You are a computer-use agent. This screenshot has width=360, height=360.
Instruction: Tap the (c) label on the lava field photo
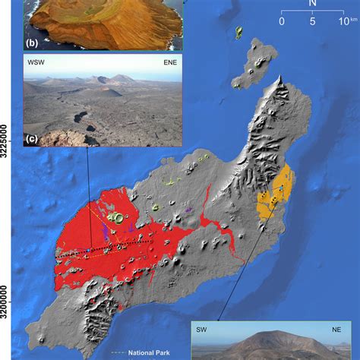32,138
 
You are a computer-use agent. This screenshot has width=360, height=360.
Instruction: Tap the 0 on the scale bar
282,22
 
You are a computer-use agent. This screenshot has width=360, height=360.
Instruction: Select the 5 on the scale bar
312,22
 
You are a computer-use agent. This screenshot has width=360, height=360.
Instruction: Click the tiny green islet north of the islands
238,32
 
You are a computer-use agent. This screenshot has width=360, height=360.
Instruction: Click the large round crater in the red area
116,219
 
